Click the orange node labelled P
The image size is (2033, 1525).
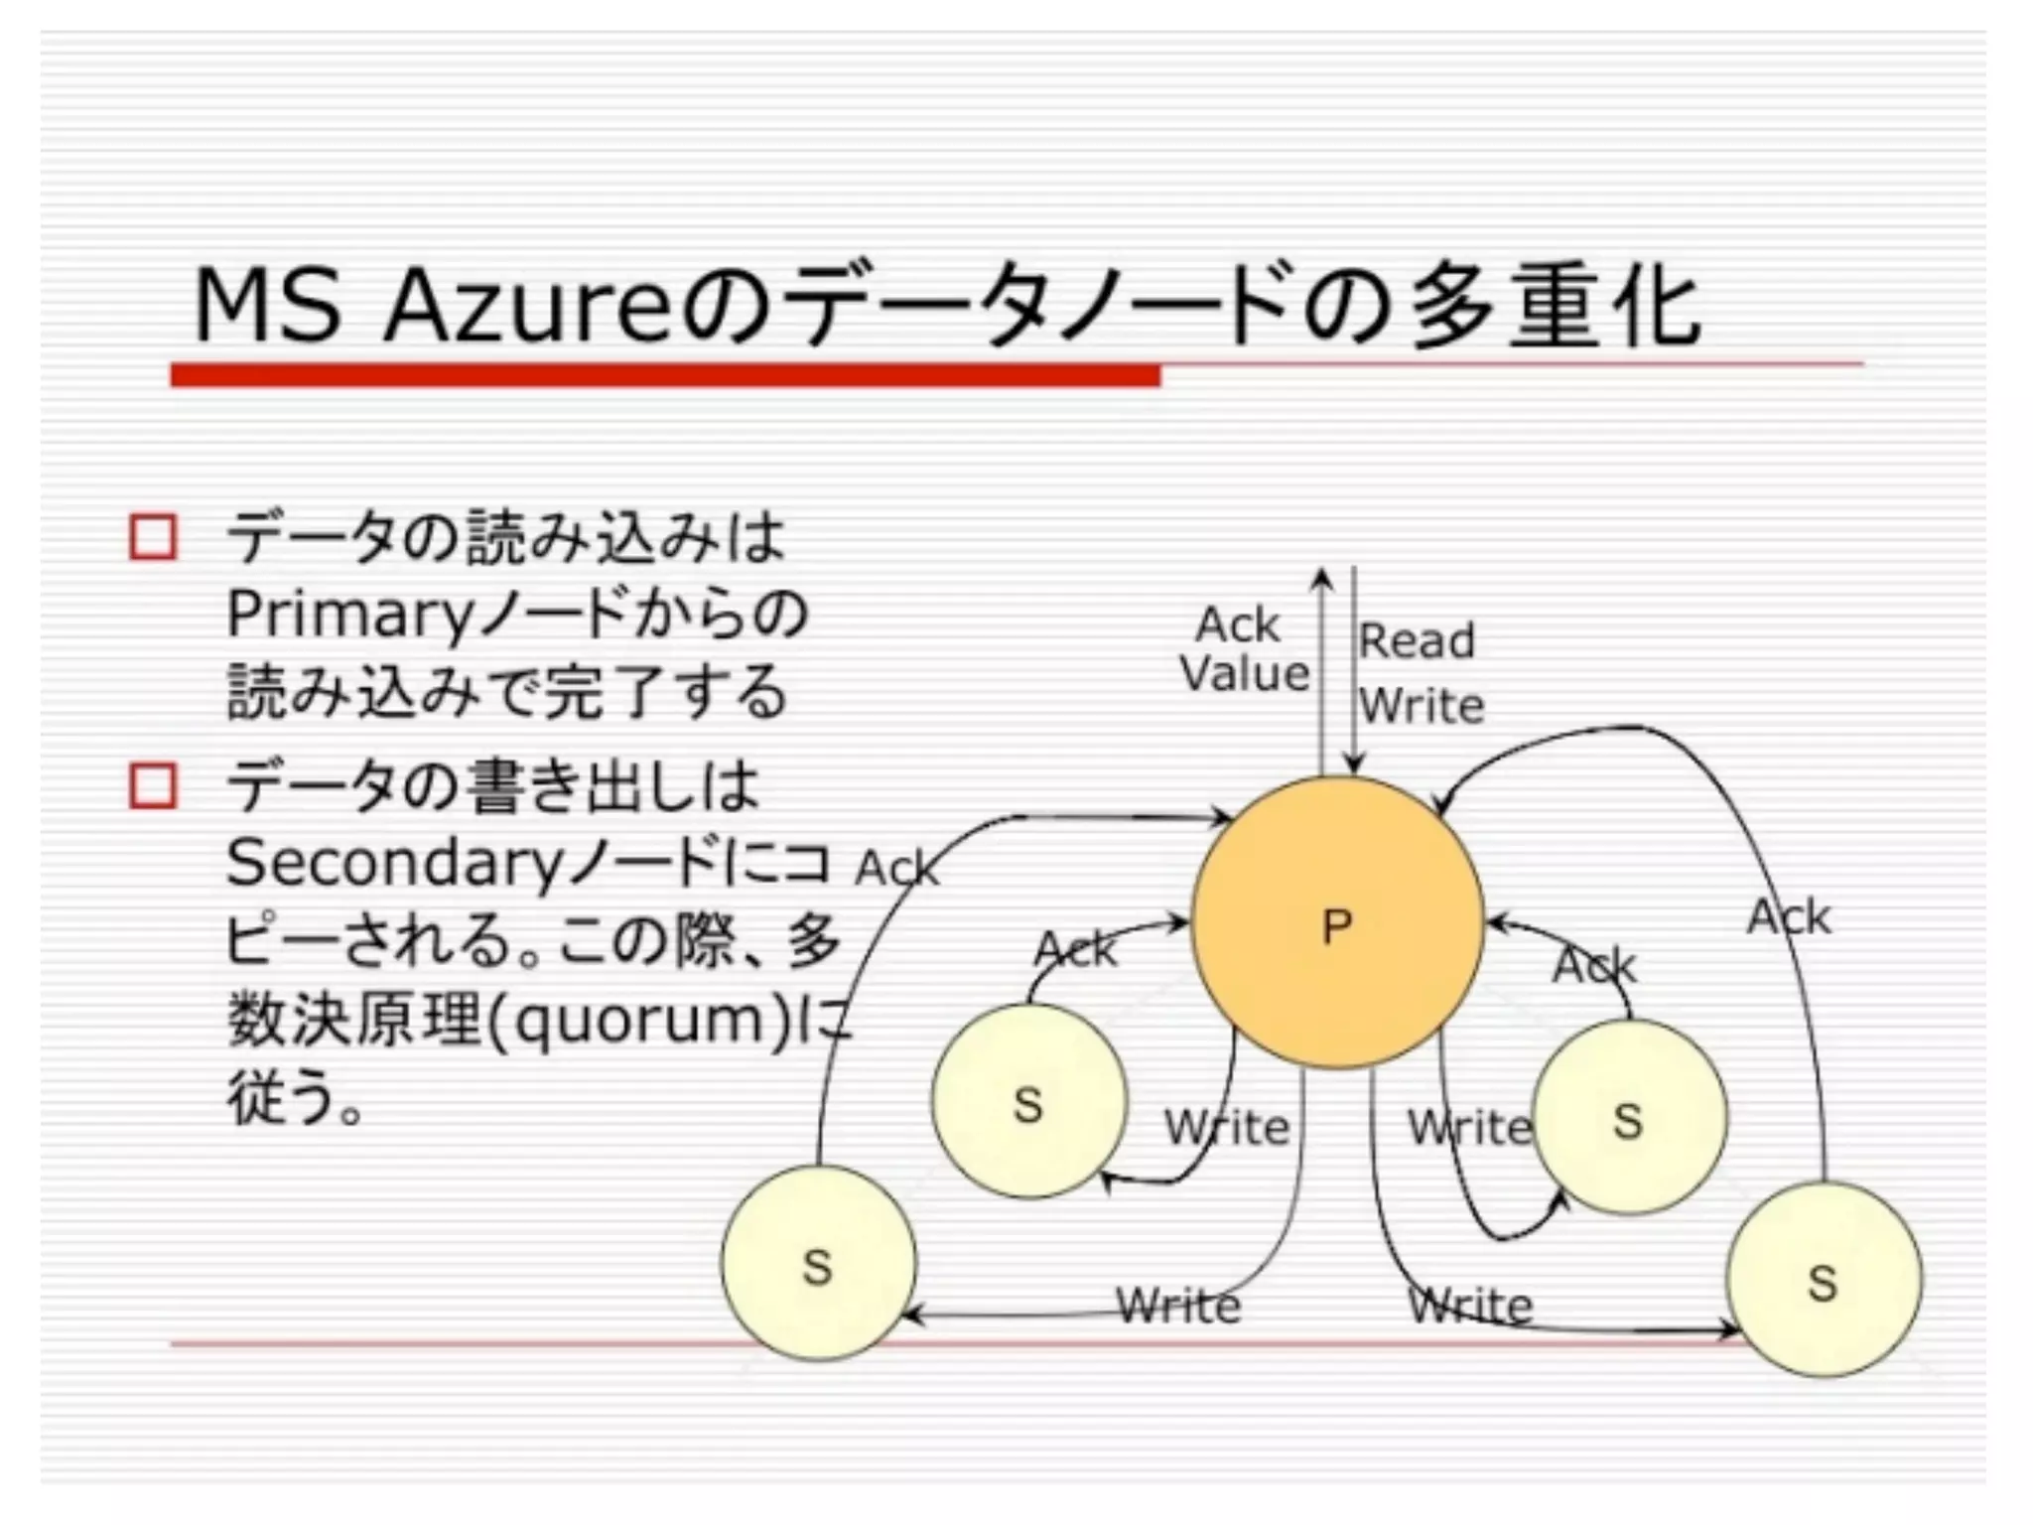coord(1336,923)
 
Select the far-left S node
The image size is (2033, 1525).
coord(818,1263)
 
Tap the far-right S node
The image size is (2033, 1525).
coord(1824,1280)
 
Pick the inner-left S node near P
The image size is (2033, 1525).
coord(1029,1101)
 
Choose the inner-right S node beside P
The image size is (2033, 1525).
coord(1629,1117)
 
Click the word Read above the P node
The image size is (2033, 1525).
coord(1417,640)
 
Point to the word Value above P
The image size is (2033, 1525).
coord(1245,674)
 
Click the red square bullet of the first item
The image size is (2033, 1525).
coord(153,537)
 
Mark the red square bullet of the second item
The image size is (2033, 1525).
coord(153,786)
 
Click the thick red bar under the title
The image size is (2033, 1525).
coord(665,375)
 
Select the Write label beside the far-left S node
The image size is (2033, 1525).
coord(1178,1305)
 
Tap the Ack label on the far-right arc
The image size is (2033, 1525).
coord(1789,916)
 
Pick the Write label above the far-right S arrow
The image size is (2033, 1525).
coord(1470,1305)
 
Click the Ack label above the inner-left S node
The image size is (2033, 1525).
coord(1075,949)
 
